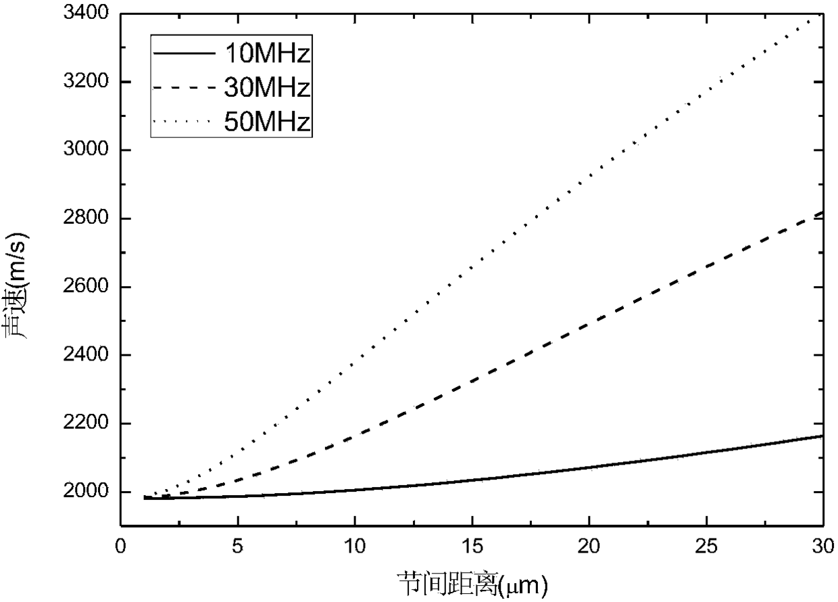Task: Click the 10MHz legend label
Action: [268, 53]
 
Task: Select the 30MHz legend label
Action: [267, 87]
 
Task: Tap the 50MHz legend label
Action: [267, 121]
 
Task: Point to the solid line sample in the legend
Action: [184, 53]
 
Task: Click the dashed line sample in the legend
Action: [184, 88]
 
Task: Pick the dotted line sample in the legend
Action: [184, 121]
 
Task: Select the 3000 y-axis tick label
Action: [81, 149]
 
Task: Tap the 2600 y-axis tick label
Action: [81, 286]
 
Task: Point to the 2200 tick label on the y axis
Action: [81, 423]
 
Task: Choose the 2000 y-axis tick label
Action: [81, 491]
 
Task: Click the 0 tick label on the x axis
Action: [120, 547]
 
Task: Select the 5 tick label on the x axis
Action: [238, 547]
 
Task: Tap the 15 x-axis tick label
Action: [472, 547]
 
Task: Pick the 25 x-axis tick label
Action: [706, 547]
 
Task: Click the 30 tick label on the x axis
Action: [823, 547]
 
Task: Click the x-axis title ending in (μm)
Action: [472, 584]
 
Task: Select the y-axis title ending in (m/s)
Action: [16, 285]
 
